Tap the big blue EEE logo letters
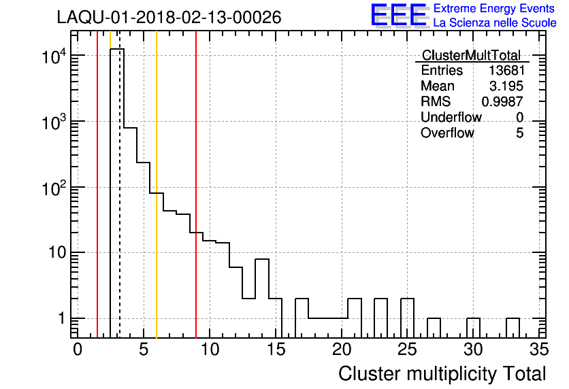398,16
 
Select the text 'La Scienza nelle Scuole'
495,23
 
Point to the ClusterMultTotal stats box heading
471,56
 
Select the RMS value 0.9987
502,102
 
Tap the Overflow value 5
519,133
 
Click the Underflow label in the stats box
451,118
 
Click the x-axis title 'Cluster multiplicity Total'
442,373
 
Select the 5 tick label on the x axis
144,350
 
